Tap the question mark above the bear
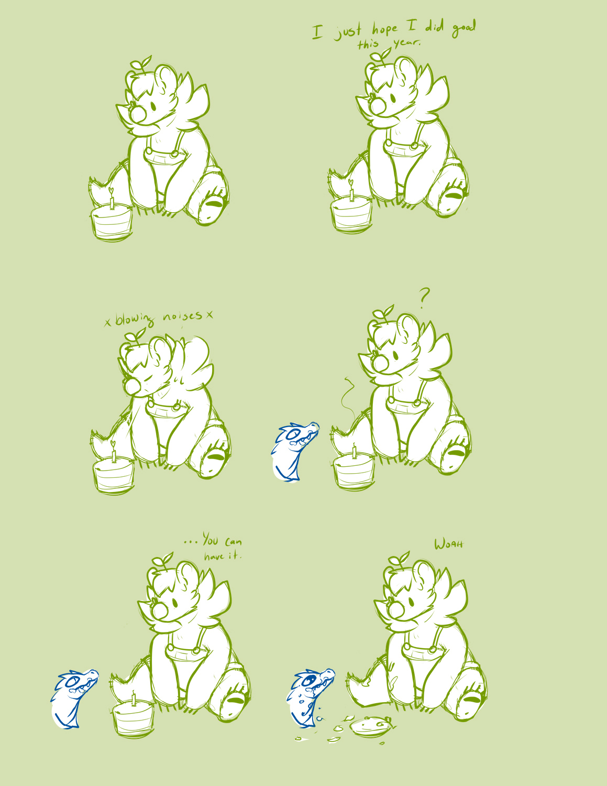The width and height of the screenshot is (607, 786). (424, 297)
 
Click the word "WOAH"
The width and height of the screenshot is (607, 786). (449, 544)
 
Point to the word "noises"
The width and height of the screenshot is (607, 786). (183, 316)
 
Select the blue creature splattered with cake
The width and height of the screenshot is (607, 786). (309, 697)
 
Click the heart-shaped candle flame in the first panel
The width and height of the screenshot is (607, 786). (111, 190)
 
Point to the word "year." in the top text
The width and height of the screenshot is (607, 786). (407, 43)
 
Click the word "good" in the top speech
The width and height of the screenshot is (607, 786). (464, 28)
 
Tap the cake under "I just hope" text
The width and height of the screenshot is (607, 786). (351, 215)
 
